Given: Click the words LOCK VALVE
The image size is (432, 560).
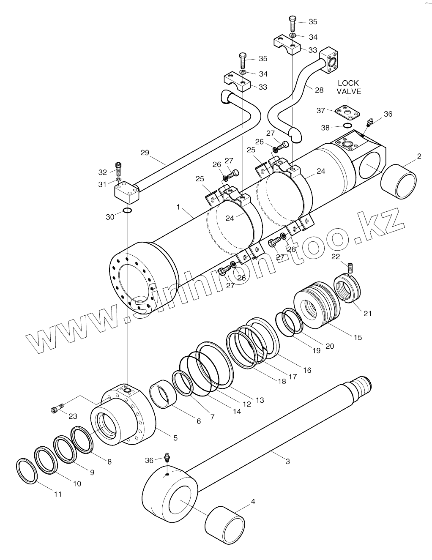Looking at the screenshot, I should tap(348, 87).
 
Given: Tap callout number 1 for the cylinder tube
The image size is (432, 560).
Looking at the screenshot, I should tap(178, 207).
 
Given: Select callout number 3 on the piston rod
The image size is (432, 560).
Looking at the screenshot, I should tap(287, 461).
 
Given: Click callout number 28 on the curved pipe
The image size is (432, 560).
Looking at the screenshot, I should tap(319, 90).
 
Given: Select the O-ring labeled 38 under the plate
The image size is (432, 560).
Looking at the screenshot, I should tap(347, 126).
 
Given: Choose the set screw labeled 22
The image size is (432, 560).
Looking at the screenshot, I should tap(350, 268).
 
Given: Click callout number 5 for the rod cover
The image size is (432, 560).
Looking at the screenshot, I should tap(175, 438).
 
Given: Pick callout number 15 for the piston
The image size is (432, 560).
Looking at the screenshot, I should tap(358, 337).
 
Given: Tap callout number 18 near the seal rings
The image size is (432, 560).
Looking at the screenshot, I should tap(281, 380).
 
